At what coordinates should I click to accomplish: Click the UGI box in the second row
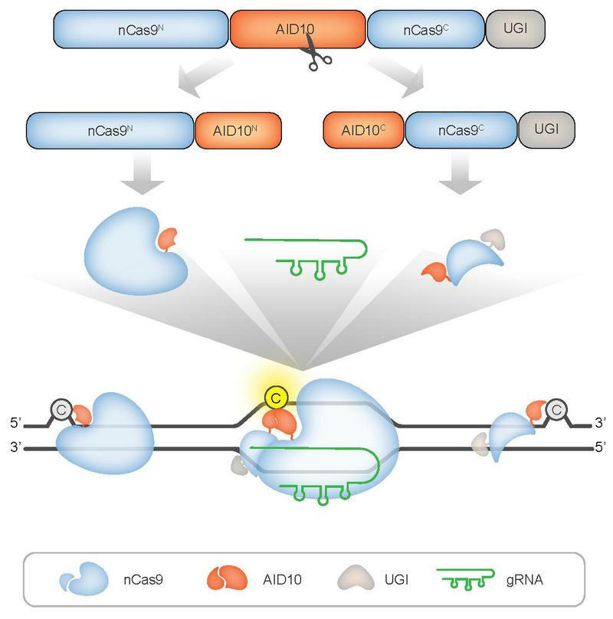coord(547,129)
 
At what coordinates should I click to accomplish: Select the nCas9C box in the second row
coord(461,129)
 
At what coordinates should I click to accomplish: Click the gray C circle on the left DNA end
coord(61,411)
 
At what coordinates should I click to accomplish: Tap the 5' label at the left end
coord(13,423)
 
